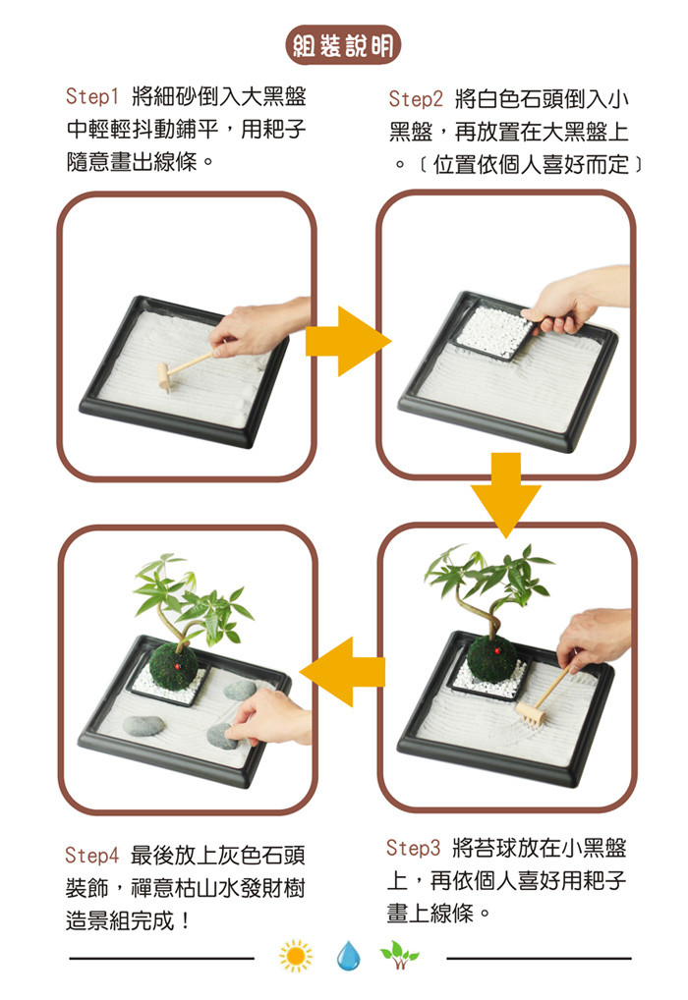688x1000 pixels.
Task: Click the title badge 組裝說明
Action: (343, 45)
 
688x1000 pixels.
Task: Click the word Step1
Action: (92, 97)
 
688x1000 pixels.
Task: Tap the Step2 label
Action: (416, 99)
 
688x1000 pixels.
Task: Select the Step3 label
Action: (413, 848)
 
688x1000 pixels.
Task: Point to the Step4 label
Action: (92, 856)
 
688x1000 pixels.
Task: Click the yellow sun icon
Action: (296, 956)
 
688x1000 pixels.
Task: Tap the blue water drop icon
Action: (348, 956)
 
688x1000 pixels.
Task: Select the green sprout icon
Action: (399, 955)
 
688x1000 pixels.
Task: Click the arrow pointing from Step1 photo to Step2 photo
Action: (348, 341)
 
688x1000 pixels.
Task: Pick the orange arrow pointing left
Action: (342, 672)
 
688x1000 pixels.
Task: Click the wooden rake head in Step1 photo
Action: (164, 377)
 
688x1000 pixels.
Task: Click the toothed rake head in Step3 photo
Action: (531, 713)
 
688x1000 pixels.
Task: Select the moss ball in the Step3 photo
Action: (492, 657)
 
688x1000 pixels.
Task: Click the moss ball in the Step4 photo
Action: (174, 666)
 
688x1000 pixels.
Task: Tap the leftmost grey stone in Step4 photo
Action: (143, 726)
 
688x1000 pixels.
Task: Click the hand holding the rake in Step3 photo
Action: (594, 638)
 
